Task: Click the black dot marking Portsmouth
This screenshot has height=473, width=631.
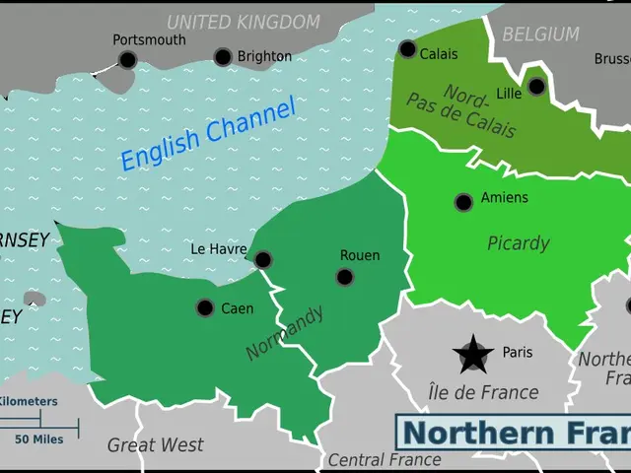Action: point(128,60)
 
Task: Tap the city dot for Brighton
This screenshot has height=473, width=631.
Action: point(223,57)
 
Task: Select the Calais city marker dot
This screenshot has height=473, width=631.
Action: point(407,49)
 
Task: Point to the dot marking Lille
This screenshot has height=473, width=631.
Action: point(536,87)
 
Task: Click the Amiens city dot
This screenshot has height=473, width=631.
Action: point(463,202)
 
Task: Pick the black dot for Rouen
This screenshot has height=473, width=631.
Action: point(344,277)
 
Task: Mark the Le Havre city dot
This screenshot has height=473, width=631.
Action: point(263,260)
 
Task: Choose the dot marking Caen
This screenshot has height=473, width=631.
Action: point(205,307)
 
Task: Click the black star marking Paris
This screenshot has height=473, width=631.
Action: point(473,353)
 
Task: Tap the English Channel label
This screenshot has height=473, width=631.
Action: point(208,135)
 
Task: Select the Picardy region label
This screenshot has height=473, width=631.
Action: point(518,243)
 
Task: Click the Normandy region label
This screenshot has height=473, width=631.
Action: point(285,332)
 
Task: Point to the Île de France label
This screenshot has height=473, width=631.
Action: point(483,392)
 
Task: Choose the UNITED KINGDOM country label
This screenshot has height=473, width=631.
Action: point(243,22)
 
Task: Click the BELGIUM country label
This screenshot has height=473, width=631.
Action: point(540,34)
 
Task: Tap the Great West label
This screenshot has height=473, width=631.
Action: point(155,445)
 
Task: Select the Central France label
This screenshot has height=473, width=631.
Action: point(384,460)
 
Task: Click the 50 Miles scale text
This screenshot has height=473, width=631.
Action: point(39,439)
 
